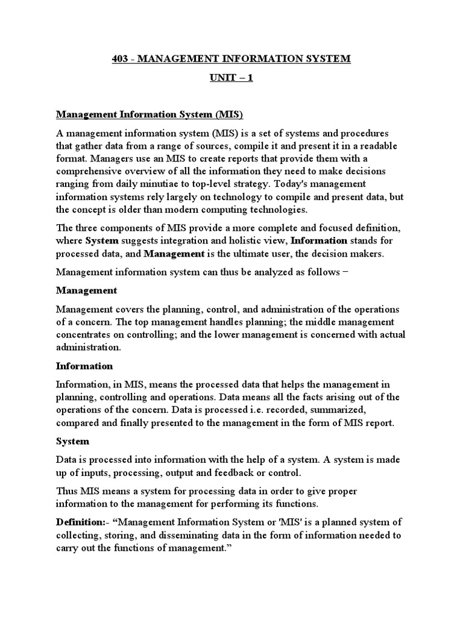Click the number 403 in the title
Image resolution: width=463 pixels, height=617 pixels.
tap(122, 59)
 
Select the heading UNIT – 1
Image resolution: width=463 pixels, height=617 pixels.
tap(231, 79)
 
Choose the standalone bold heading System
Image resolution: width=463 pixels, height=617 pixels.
tap(72, 442)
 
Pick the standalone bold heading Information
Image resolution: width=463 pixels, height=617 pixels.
tap(84, 366)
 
